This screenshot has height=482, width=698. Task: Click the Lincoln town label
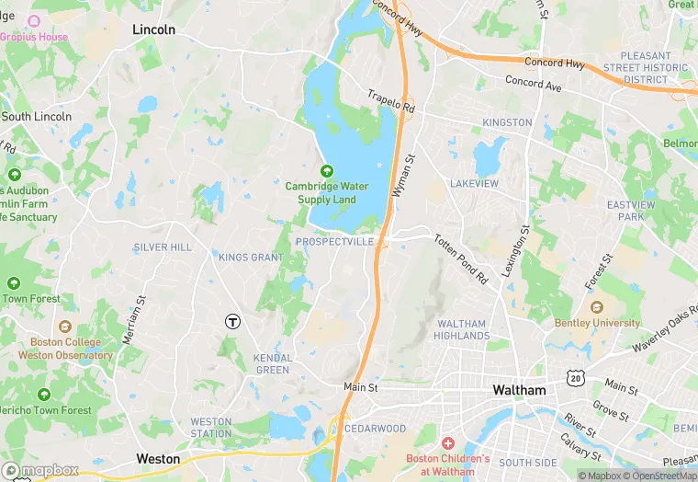tap(153, 29)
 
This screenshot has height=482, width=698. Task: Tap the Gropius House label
tap(35, 37)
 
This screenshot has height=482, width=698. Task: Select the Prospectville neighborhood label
tap(335, 241)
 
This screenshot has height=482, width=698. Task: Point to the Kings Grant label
tap(251, 258)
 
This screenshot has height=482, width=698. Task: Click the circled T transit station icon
tap(233, 321)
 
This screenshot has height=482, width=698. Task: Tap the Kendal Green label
tap(274, 363)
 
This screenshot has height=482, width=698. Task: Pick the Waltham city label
tap(519, 390)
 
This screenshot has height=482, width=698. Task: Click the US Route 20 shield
tap(576, 377)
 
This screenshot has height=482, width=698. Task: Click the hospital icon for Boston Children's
tap(448, 443)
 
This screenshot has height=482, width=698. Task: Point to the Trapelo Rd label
tap(391, 101)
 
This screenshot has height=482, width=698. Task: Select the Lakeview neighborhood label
tap(475, 184)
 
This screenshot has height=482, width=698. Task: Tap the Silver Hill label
tap(163, 247)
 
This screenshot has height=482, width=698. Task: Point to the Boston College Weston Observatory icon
tap(64, 327)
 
